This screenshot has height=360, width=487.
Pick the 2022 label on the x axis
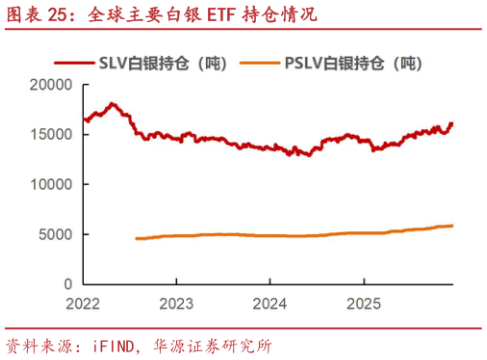[x=84, y=303]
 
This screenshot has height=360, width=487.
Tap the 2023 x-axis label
[x=176, y=303]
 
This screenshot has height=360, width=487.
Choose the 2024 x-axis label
[x=269, y=303]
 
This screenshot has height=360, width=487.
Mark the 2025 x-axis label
[x=363, y=303]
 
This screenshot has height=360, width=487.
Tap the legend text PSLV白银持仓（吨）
[x=354, y=64]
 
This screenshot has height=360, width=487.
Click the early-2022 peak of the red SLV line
[x=114, y=103]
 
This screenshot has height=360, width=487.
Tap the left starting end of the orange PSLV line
[x=136, y=239]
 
